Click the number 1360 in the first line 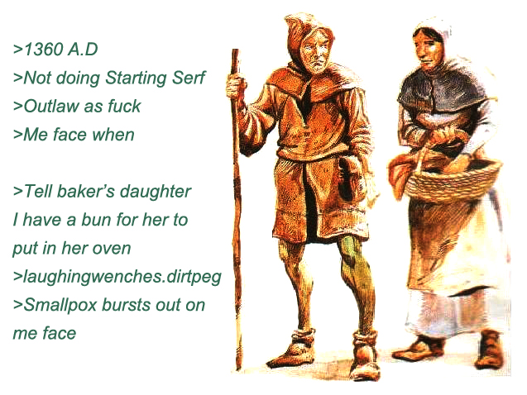pos(43,50)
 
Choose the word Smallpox pos(60,306)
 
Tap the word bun pos(97,220)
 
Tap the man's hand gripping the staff pos(235,86)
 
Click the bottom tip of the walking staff pos(238,369)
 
